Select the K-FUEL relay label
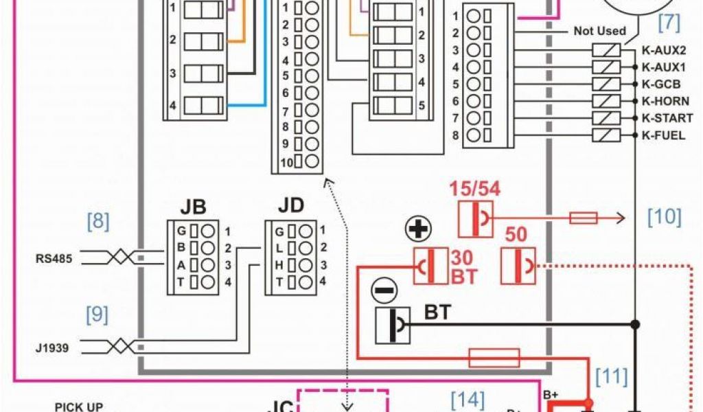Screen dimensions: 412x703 click(663, 135)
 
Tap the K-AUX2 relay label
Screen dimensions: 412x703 click(663, 50)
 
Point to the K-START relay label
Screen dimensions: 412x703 click(667, 118)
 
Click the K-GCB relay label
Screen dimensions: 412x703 click(661, 84)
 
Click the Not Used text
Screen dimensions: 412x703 click(600, 31)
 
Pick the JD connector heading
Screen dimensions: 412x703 click(291, 205)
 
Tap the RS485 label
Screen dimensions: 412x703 click(54, 258)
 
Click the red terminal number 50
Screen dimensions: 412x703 click(516, 235)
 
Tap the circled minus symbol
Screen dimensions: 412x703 click(384, 290)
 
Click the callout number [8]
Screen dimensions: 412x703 click(97, 221)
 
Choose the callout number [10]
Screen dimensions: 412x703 click(664, 217)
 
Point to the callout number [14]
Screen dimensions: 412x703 click(468, 399)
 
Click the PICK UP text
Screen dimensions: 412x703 click(79, 407)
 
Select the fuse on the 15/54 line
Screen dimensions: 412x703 click(584, 218)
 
